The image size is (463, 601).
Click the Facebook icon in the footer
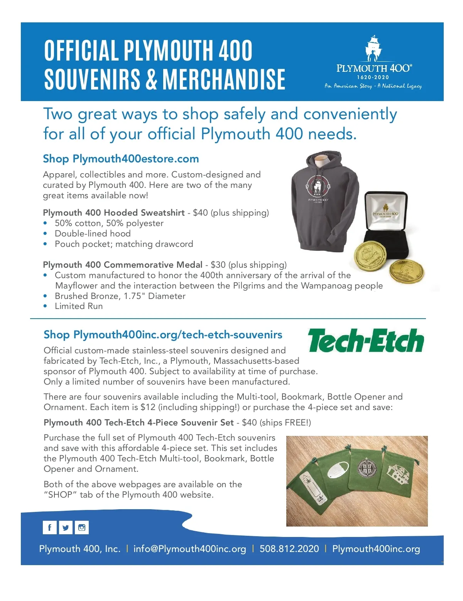click(x=50, y=527)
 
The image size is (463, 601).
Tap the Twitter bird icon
click(x=66, y=527)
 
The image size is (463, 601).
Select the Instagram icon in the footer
click(x=82, y=527)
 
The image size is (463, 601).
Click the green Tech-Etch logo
click(x=366, y=341)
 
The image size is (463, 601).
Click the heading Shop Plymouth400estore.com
click(x=121, y=159)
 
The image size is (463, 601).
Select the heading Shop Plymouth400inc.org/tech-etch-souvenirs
click(x=163, y=334)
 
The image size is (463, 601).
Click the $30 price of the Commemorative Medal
click(x=218, y=265)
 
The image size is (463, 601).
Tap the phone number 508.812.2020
click(x=289, y=549)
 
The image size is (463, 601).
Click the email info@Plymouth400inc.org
click(x=189, y=549)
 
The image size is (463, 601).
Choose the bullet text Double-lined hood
click(x=93, y=234)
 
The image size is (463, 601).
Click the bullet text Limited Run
click(x=79, y=306)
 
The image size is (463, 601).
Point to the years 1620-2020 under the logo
click(x=373, y=78)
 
